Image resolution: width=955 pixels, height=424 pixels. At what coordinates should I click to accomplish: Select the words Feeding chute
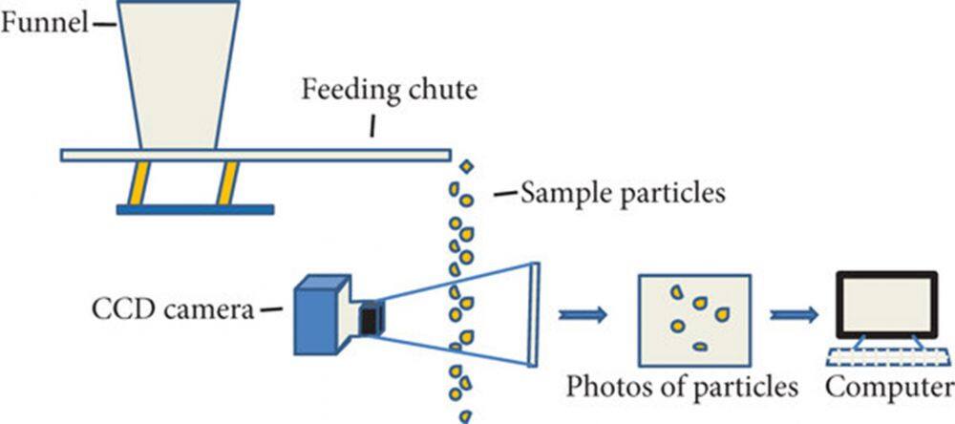pyautogui.click(x=389, y=92)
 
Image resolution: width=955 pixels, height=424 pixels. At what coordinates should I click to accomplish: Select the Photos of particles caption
pyautogui.click(x=682, y=388)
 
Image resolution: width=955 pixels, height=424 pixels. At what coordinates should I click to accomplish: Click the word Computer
pyautogui.click(x=889, y=388)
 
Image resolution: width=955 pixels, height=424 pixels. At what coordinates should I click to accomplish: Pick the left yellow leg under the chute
pyautogui.click(x=141, y=182)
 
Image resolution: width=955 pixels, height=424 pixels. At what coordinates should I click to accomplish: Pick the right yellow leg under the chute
pyautogui.click(x=227, y=182)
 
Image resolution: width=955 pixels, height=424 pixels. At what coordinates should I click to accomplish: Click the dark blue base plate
pyautogui.click(x=195, y=209)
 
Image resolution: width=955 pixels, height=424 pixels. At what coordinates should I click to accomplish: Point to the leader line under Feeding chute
pyautogui.click(x=373, y=125)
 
